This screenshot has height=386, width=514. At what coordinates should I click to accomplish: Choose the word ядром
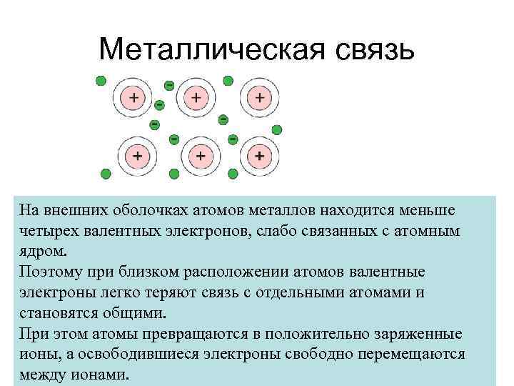tap(44, 253)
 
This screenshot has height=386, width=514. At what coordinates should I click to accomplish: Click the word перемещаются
tap(412, 355)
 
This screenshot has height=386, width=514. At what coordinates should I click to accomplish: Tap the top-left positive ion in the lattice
tap(133, 96)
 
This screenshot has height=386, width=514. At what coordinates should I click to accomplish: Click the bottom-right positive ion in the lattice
tap(260, 154)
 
